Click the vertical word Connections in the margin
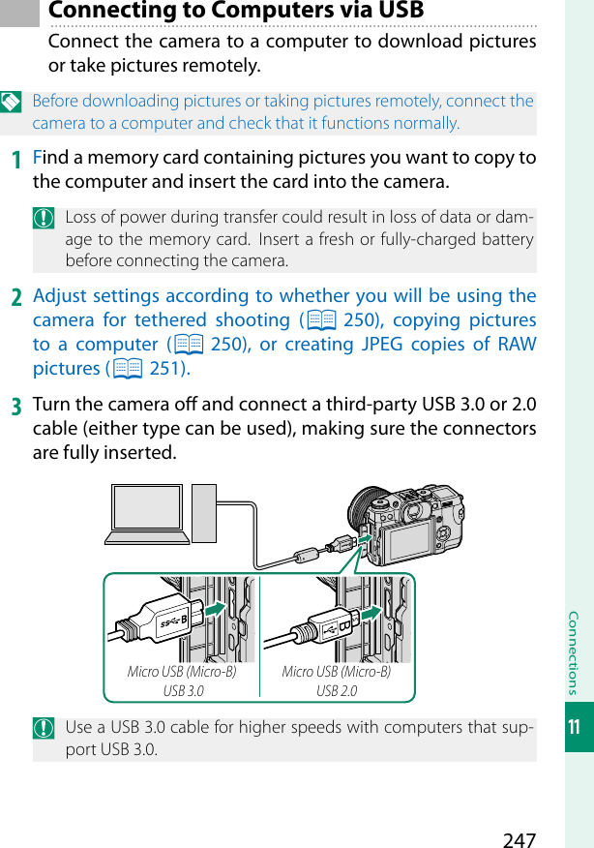click(x=574, y=653)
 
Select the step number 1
click(x=16, y=160)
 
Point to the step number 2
click(x=16, y=298)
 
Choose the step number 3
click(x=16, y=407)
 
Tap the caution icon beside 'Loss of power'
click(x=44, y=219)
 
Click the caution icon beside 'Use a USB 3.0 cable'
click(x=44, y=728)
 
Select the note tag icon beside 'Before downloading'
click(x=11, y=102)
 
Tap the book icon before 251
click(x=129, y=369)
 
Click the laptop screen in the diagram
click(x=147, y=506)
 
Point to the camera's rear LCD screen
click(x=408, y=541)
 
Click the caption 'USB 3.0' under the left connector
click(x=183, y=690)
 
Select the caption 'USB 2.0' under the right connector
click(x=337, y=690)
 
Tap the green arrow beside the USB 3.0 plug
click(x=215, y=609)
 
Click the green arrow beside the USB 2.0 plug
click(x=371, y=614)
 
